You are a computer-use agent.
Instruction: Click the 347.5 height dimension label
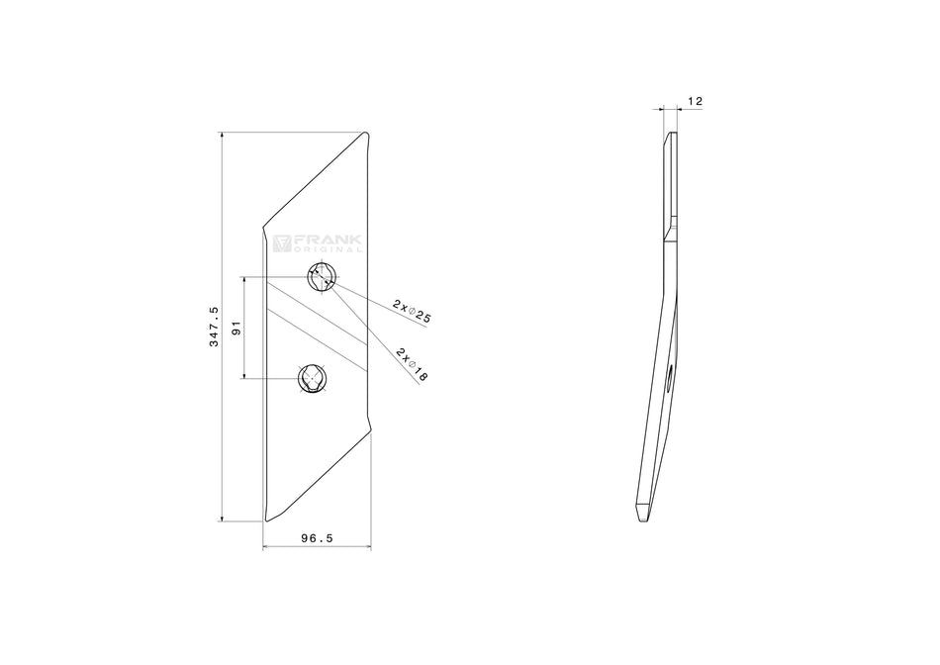213,327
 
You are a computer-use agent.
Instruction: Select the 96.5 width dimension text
317,537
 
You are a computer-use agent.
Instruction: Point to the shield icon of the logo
280,243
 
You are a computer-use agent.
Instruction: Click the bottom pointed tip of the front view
267,520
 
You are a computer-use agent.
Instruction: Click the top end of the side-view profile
671,135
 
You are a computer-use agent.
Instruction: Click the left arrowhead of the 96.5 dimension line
266,546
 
